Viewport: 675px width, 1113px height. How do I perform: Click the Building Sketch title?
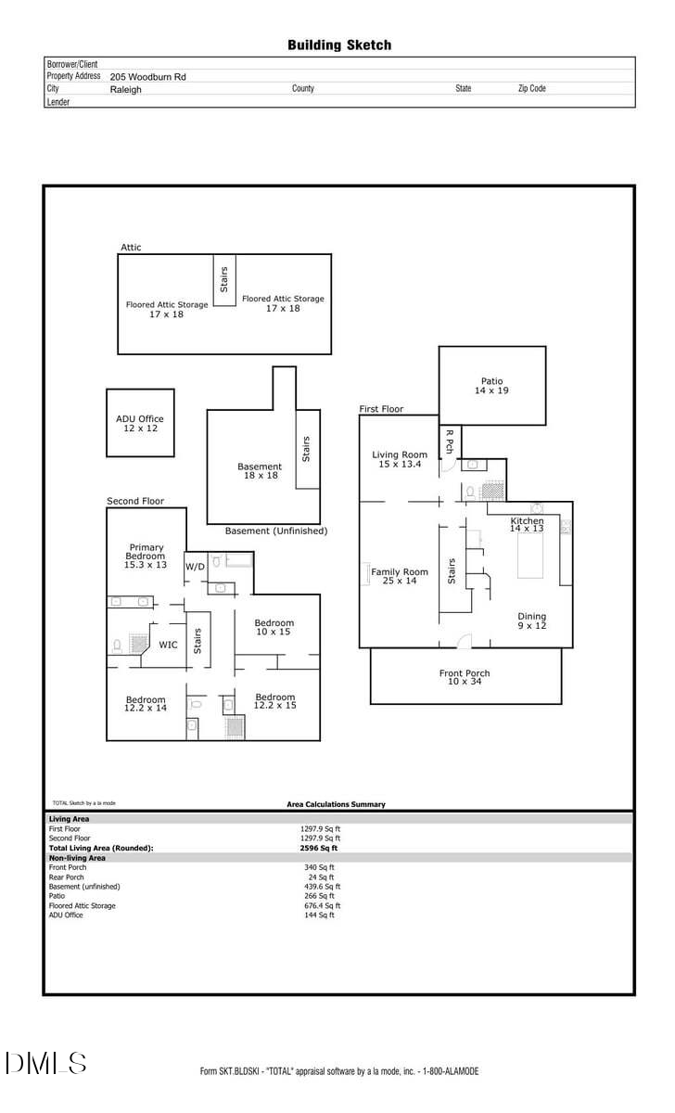tap(338, 45)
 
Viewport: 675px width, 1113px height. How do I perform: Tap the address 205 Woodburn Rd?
tap(147, 77)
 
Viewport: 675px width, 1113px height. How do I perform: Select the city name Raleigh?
tap(125, 90)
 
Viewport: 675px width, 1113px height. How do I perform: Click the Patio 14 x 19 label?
tap(491, 386)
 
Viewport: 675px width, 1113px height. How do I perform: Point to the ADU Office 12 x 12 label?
tap(139, 424)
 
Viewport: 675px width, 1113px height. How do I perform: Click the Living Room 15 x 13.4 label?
tap(400, 459)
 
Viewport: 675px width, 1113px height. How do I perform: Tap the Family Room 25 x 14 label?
tap(400, 576)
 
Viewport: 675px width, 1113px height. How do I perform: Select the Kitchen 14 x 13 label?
tap(527, 525)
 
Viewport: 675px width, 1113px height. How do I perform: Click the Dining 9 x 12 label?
tap(531, 620)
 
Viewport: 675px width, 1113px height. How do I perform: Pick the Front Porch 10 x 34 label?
tap(465, 677)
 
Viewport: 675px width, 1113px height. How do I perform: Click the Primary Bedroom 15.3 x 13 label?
tap(146, 556)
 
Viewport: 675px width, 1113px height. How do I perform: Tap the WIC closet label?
tap(168, 645)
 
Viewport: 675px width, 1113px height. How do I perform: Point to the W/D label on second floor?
tap(195, 567)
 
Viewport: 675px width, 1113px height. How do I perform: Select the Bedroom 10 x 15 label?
tap(274, 627)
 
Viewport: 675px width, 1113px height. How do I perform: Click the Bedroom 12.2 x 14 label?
tap(146, 704)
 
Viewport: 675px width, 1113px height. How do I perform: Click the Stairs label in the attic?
tap(224, 279)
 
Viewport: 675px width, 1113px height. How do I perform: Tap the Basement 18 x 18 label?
tap(259, 471)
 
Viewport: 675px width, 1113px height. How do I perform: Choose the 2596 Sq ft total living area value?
tap(319, 848)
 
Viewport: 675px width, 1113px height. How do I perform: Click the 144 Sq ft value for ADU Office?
tap(319, 915)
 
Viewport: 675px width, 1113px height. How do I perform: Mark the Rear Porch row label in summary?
tap(67, 876)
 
